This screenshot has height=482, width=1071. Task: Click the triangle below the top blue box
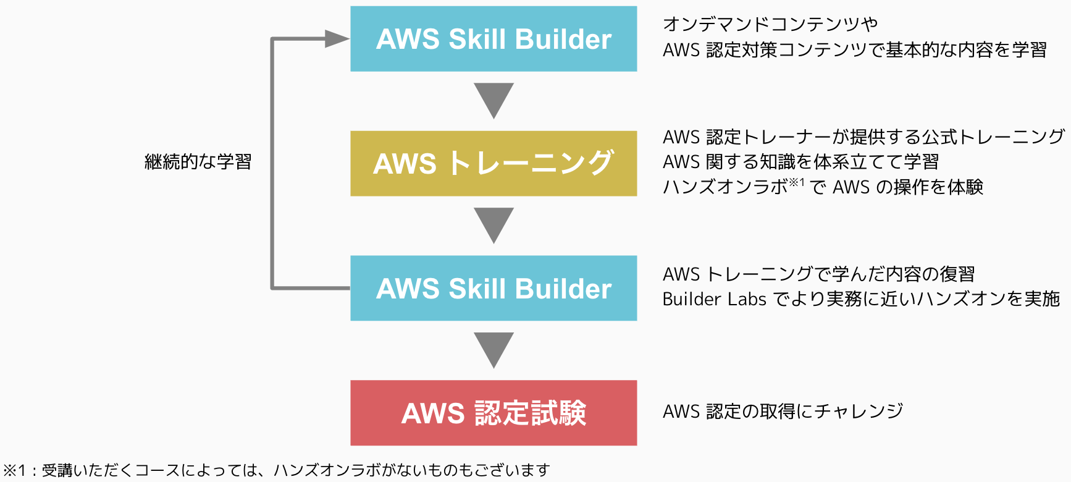493,99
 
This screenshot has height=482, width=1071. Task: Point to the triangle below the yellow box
493,224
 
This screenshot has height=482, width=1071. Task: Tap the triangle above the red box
493,349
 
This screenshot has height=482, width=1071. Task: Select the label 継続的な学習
198,162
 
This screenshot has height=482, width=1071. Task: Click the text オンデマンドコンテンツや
770,24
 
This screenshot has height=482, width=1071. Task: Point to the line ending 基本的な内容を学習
854,50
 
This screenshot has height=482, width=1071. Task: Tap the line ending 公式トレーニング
863,137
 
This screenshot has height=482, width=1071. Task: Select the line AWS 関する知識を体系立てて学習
800,162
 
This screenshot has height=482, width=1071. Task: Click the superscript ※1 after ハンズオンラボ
797,182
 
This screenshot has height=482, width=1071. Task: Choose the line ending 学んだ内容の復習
818,274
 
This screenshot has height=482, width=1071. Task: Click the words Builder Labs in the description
714,299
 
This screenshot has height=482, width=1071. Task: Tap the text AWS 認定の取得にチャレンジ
783,411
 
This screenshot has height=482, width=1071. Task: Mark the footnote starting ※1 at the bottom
276,470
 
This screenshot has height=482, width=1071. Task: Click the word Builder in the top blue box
563,40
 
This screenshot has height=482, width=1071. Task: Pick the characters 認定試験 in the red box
530,413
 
